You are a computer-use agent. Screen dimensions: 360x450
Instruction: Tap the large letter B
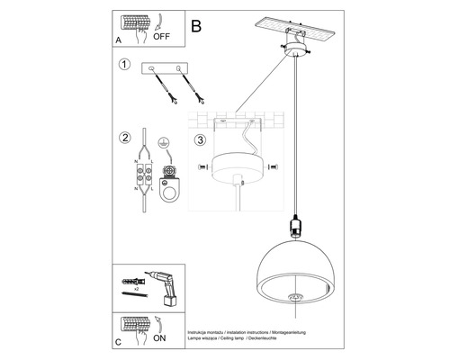[x=197, y=26]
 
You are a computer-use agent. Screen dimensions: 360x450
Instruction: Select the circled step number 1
[x=124, y=65]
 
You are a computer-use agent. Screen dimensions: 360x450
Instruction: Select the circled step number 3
[x=201, y=140]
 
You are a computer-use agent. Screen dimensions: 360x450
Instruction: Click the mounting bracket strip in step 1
[x=168, y=69]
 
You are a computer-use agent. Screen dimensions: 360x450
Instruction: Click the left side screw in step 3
[x=200, y=168]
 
